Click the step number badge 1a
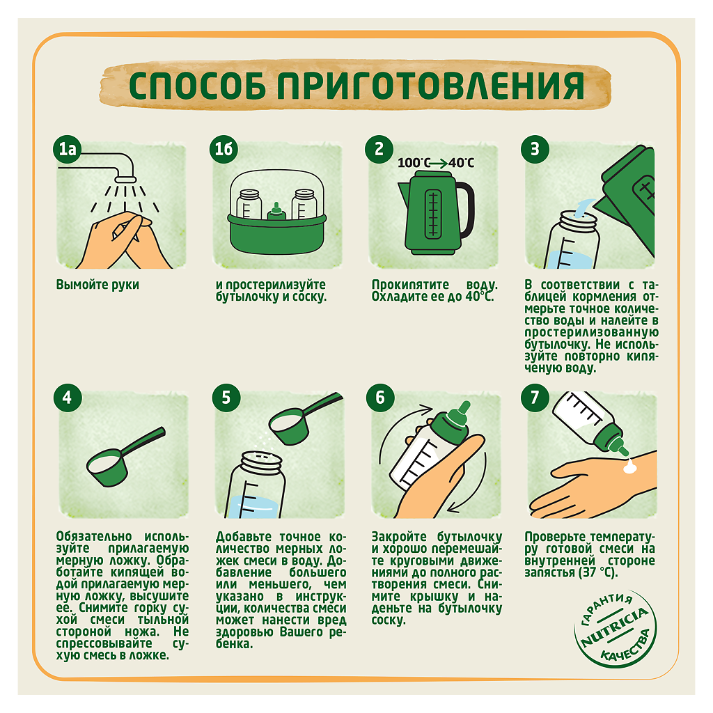click(x=68, y=149)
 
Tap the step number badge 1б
click(x=224, y=149)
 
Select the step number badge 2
click(x=379, y=149)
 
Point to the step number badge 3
click(x=535, y=149)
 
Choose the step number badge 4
click(x=68, y=398)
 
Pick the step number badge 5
click(x=226, y=398)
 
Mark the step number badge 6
click(x=380, y=398)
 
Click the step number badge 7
click(x=535, y=398)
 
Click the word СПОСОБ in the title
click(x=197, y=86)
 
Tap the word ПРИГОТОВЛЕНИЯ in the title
click(x=430, y=86)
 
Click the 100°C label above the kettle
click(x=414, y=163)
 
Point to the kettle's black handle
click(x=466, y=209)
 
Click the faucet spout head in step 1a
click(x=126, y=179)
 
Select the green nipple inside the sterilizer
click(x=276, y=212)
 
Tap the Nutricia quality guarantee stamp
click(x=615, y=629)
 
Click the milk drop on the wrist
click(x=629, y=466)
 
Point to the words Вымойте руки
click(x=97, y=285)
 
